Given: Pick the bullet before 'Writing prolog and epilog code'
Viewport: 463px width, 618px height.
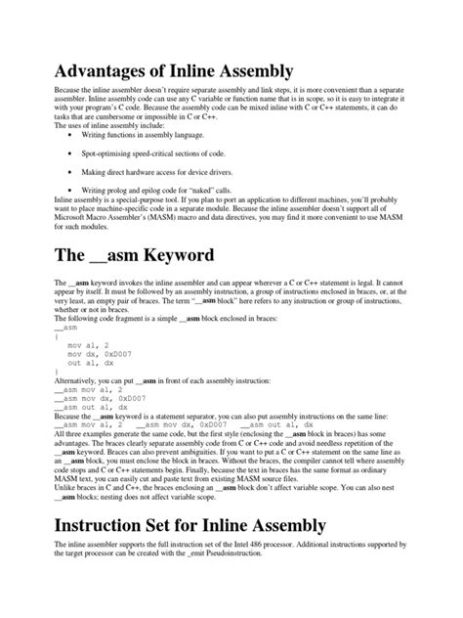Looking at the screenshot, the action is click(71, 190).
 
